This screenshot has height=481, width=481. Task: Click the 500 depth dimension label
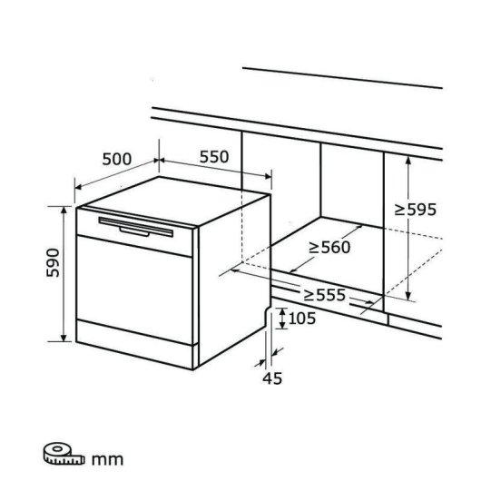click(116, 159)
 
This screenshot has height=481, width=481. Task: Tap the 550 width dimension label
click(214, 157)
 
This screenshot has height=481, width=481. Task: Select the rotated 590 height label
click(53, 262)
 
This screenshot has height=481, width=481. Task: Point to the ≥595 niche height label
click(415, 210)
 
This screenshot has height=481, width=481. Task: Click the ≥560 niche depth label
click(329, 247)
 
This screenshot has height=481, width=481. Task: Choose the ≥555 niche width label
click(325, 295)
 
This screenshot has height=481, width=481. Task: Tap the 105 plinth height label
click(302, 319)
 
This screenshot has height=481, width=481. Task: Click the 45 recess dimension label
click(272, 378)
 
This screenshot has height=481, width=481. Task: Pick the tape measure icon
click(64, 453)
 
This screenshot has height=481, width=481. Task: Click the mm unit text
click(107, 459)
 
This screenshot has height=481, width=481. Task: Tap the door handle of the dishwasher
click(135, 227)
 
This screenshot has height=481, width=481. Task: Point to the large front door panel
click(134, 290)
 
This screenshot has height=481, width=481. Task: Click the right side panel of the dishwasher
click(235, 280)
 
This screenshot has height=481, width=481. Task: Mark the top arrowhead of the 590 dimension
click(64, 210)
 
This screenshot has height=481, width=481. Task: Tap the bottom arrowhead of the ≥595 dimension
click(408, 296)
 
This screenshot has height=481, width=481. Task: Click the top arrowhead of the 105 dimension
click(282, 311)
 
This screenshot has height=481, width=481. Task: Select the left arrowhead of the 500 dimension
click(78, 187)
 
